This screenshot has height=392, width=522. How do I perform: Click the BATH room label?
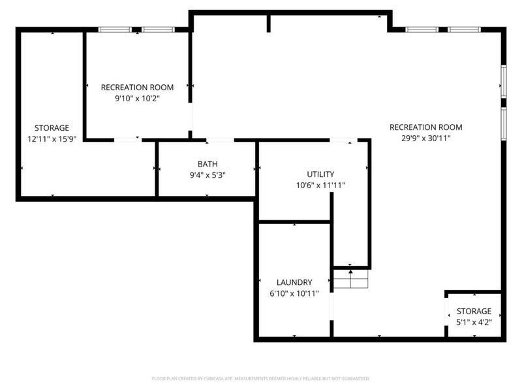click(207, 164)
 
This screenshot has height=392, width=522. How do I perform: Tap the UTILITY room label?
click(320, 174)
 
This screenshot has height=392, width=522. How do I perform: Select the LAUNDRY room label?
click(294, 282)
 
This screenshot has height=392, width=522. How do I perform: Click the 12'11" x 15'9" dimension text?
click(52, 139)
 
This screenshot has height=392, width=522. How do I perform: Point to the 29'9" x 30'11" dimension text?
click(426, 139)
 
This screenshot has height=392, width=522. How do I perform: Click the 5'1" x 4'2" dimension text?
click(474, 322)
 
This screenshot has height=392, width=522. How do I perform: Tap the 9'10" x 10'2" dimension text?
click(137, 99)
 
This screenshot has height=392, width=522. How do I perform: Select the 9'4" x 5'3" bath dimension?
click(207, 175)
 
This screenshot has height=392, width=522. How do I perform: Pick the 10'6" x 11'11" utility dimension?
click(320, 186)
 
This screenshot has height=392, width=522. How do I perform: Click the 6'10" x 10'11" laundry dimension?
click(294, 293)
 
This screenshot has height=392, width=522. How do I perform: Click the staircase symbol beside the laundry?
click(351, 279)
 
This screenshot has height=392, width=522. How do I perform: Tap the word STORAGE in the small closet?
click(474, 312)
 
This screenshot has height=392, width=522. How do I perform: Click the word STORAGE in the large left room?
click(52, 128)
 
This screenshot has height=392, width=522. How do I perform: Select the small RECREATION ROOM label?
click(137, 88)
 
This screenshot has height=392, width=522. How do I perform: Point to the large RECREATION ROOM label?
click(426, 127)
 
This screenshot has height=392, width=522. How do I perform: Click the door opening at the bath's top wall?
click(220, 140)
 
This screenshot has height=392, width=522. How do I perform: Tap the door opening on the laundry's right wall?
click(331, 306)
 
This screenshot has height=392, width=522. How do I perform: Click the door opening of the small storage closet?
click(446, 312)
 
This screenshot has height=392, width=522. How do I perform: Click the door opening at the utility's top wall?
click(344, 140)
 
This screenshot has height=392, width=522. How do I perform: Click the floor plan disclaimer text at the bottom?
click(260, 379)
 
